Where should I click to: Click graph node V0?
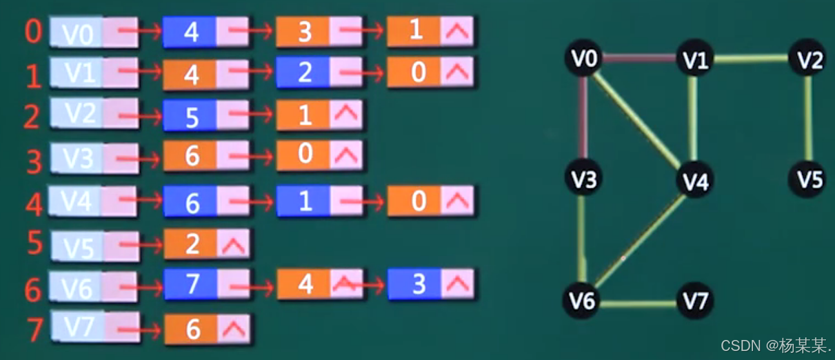coord(583,59)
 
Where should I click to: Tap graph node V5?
coord(809,178)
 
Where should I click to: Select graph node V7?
coord(694,300)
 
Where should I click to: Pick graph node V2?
coord(809,59)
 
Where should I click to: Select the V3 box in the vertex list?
coord(77,158)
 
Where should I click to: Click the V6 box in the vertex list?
coord(76,287)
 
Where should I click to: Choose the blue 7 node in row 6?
coord(192,285)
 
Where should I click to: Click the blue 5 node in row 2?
coord(191,116)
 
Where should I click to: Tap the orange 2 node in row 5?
coord(192,245)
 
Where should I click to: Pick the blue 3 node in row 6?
coord(417,285)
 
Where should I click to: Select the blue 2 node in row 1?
coord(304,73)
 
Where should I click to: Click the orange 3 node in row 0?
coord(304,32)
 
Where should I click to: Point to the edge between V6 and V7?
coord(639,303)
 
